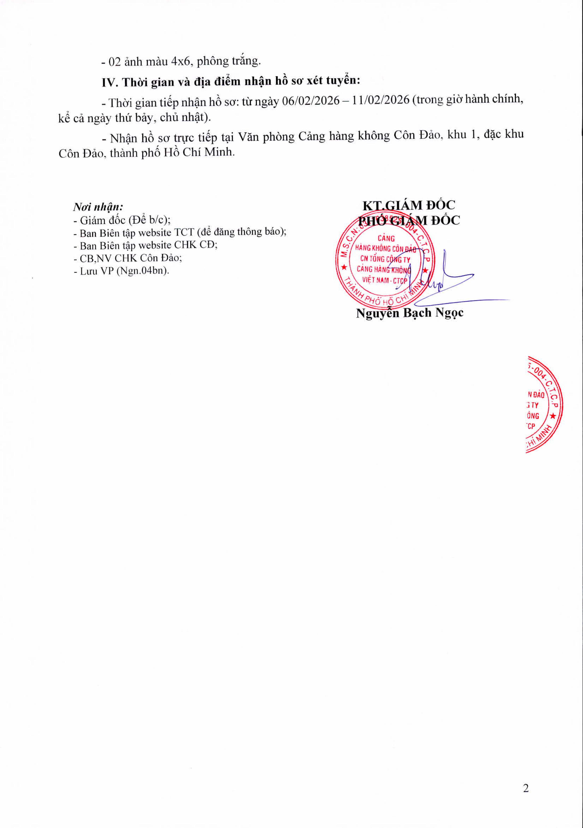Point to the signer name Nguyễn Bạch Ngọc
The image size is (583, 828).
point(409,313)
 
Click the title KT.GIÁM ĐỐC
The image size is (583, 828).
point(409,205)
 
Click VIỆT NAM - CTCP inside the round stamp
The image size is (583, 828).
point(385,280)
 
